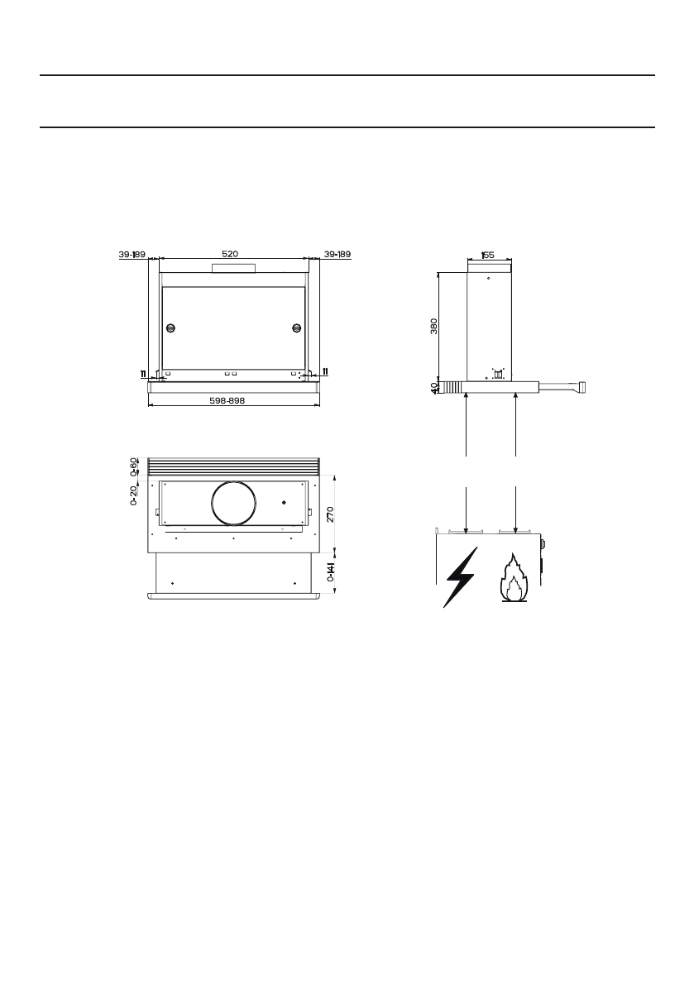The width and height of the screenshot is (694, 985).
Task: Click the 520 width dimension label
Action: point(230,254)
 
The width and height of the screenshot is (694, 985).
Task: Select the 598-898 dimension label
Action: point(227,400)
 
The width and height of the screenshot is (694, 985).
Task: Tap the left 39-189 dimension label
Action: point(132,255)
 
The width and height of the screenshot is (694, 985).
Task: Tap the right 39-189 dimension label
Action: point(337,255)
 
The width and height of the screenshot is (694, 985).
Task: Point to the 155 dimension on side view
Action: point(487,255)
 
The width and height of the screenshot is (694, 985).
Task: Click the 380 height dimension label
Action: point(434,327)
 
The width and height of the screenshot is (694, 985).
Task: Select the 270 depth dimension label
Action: point(330,514)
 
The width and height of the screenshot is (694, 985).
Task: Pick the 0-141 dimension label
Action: point(330,571)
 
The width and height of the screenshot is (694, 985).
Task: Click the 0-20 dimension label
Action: point(134,495)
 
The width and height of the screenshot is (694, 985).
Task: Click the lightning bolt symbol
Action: point(460,576)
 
